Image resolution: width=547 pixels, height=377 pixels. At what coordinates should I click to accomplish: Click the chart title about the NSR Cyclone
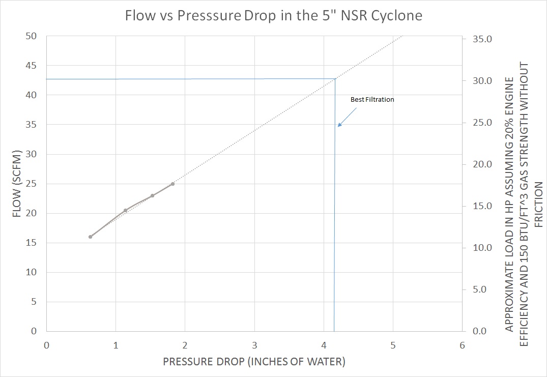pos(274,15)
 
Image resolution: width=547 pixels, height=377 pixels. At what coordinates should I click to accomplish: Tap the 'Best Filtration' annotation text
pos(372,100)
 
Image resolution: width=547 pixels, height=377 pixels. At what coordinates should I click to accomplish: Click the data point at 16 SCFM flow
pos(91,237)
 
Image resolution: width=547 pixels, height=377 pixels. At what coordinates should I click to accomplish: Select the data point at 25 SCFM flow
pos(172,184)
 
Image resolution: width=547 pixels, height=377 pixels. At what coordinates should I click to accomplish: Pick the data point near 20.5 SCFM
pos(125,210)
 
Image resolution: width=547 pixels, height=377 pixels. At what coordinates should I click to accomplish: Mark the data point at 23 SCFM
pos(152,195)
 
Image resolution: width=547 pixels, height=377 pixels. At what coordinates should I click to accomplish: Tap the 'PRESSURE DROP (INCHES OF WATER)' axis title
pos(254,362)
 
